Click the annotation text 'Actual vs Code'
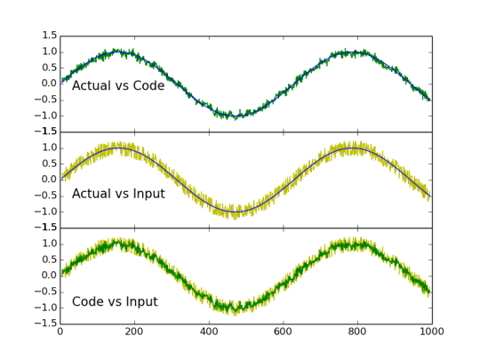click(x=118, y=85)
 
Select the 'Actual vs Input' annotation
click(x=118, y=194)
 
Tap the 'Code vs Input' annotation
click(x=115, y=302)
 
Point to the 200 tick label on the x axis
click(x=134, y=332)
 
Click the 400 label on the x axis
click(x=209, y=332)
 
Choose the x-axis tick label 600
click(x=284, y=332)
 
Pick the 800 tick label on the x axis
click(x=357, y=332)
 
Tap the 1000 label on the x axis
click(x=432, y=332)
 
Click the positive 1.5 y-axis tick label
click(x=50, y=36)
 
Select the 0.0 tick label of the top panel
click(x=50, y=84)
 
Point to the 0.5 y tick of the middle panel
click(x=50, y=164)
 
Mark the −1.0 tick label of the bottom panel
click(x=46, y=308)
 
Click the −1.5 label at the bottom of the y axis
click(x=46, y=324)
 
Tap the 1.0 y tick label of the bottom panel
click(x=50, y=244)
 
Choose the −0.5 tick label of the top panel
click(x=46, y=100)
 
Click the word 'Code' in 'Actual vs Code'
click(x=149, y=85)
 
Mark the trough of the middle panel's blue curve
click(x=236, y=212)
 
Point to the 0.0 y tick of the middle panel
click(x=50, y=180)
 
